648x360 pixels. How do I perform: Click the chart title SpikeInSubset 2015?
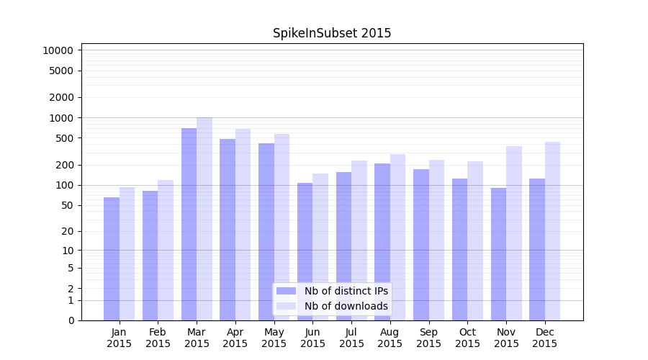(332, 33)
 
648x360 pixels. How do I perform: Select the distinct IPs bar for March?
(189, 224)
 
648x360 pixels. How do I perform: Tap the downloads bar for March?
(204, 219)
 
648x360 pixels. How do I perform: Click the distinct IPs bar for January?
(112, 258)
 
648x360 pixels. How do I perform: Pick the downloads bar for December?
(552, 231)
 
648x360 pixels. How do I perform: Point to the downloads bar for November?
(514, 233)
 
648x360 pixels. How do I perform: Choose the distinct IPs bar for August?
(382, 242)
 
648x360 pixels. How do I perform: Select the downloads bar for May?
(282, 227)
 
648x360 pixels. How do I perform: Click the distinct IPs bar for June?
(305, 251)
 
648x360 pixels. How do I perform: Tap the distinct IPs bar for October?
(459, 249)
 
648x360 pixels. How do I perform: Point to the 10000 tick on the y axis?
(58, 50)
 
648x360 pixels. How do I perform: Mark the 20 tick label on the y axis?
(67, 231)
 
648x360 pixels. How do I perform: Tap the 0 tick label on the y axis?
(71, 320)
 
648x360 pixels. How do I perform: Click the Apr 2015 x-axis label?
(235, 338)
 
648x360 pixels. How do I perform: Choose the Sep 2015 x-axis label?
(428, 338)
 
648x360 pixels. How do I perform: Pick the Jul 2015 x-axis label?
(351, 338)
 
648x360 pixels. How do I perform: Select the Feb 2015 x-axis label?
(158, 338)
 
